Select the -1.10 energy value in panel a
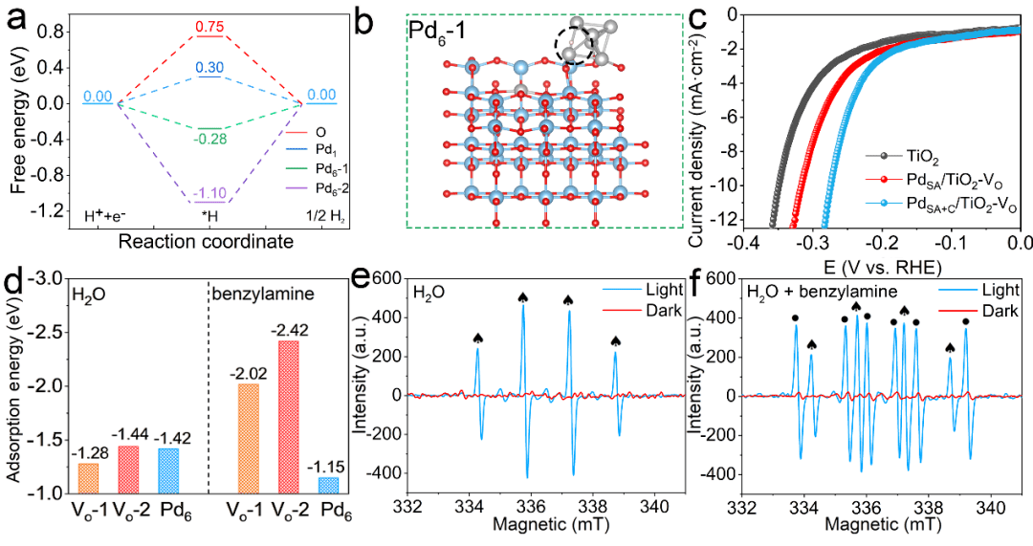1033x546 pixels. (x=209, y=193)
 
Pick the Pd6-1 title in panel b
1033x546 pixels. (x=442, y=35)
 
